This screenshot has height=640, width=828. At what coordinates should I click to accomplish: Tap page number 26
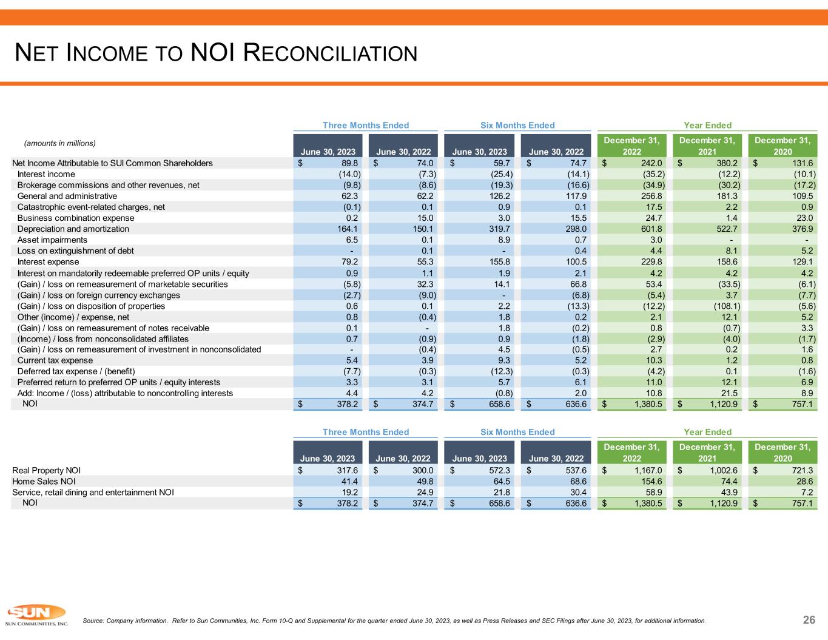point(809,619)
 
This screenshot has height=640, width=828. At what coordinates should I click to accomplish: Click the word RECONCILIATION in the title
point(330,53)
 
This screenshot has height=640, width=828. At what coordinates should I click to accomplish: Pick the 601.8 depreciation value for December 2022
point(650,229)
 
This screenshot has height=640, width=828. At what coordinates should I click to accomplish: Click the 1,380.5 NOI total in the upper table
point(647,403)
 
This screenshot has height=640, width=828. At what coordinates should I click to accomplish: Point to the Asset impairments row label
point(52,240)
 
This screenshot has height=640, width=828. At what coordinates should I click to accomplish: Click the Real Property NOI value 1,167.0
point(647,470)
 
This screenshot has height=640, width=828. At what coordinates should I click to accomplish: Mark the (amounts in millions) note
point(59,143)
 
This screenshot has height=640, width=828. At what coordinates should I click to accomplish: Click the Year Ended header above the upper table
point(707,125)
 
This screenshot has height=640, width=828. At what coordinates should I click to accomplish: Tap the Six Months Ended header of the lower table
point(517,432)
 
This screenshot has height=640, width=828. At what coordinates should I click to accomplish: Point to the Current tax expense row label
point(55,360)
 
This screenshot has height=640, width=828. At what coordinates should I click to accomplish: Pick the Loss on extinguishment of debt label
point(76,251)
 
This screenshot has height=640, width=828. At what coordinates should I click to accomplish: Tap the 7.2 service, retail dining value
point(806,492)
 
